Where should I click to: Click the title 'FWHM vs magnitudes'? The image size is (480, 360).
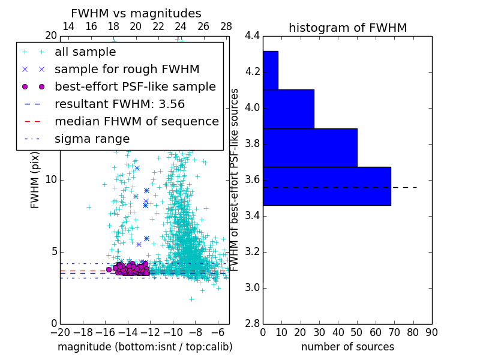tap(136, 14)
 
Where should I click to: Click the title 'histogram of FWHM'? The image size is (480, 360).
tap(347, 28)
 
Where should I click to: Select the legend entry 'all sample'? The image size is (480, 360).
tap(85, 52)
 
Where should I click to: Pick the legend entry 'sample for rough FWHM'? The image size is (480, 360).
tap(127, 70)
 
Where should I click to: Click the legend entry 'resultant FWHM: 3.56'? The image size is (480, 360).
tap(119, 104)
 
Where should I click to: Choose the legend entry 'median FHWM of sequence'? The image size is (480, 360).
tap(136, 121)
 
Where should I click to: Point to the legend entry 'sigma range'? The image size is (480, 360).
tap(92, 139)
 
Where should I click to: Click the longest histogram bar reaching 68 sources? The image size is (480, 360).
tap(326, 186)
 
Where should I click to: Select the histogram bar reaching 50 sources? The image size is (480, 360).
tap(310, 148)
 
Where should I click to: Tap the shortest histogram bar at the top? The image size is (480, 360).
tap(270, 70)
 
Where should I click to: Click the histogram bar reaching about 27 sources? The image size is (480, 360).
tap(288, 109)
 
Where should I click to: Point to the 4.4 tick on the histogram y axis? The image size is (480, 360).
tap(252, 36)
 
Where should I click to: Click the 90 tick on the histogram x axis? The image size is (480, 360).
tap(431, 332)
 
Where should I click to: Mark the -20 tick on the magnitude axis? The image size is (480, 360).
tap(60, 332)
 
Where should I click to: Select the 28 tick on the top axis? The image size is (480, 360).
tap(226, 27)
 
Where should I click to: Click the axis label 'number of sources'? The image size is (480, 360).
tap(347, 347)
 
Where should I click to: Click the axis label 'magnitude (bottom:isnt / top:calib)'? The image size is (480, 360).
tap(145, 347)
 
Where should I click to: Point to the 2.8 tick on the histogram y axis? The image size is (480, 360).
tap(252, 323)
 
